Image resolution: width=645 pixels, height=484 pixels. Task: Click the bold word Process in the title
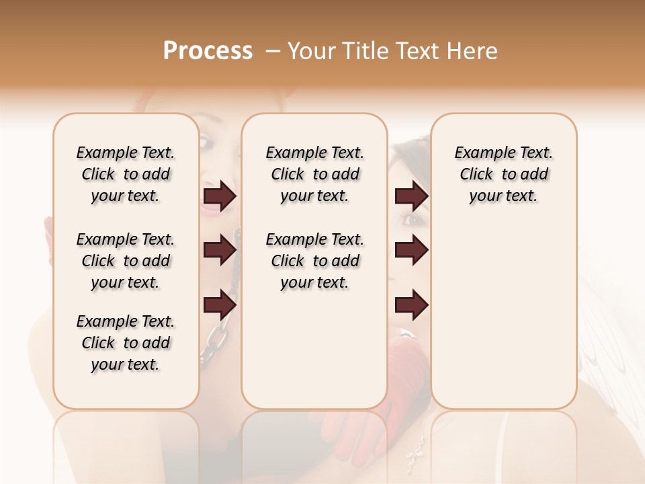(208, 51)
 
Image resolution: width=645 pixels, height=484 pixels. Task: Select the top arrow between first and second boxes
(220, 196)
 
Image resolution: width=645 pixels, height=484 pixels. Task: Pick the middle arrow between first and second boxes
(220, 250)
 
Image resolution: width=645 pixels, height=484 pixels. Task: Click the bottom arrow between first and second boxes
(220, 305)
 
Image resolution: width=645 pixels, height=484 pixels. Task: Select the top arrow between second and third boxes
(411, 196)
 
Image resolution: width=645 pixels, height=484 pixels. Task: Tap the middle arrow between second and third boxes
(411, 250)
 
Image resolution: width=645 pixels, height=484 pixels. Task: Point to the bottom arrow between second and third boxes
(411, 305)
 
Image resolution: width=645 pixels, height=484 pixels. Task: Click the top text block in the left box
(126, 174)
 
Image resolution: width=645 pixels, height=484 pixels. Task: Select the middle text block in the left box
(126, 261)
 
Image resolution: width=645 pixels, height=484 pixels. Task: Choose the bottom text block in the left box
(126, 343)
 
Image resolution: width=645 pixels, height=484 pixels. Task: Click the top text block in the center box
(314, 174)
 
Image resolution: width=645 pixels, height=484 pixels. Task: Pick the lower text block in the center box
(314, 261)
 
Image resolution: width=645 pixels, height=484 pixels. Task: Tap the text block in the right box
(503, 174)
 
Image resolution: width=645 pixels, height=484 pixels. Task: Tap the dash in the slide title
(273, 51)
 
